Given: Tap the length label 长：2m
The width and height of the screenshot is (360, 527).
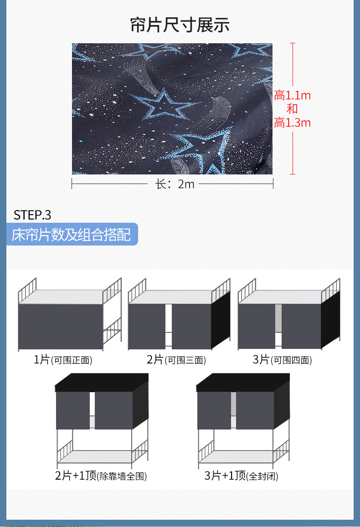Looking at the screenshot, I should coord(175,184).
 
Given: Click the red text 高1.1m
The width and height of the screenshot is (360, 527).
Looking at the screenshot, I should coord(292,96).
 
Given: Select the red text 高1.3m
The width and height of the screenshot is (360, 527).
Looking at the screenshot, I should coord(292,123).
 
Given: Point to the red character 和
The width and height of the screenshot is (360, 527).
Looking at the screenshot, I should coord(292,109).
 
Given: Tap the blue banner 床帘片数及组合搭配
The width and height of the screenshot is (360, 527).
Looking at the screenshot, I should coord(72,235).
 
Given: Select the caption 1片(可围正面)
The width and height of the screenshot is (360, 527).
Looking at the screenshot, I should coord(63,360).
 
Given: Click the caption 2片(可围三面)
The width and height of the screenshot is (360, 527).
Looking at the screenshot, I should coord(176,360).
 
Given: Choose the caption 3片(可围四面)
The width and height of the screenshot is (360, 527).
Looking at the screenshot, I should coord(283,360).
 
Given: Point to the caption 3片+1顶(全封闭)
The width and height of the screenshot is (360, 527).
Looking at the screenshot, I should coord(241,476).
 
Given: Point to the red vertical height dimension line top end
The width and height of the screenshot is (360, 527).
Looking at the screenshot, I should coord(293,43).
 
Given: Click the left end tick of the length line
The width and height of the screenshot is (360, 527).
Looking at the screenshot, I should coord(72,184).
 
